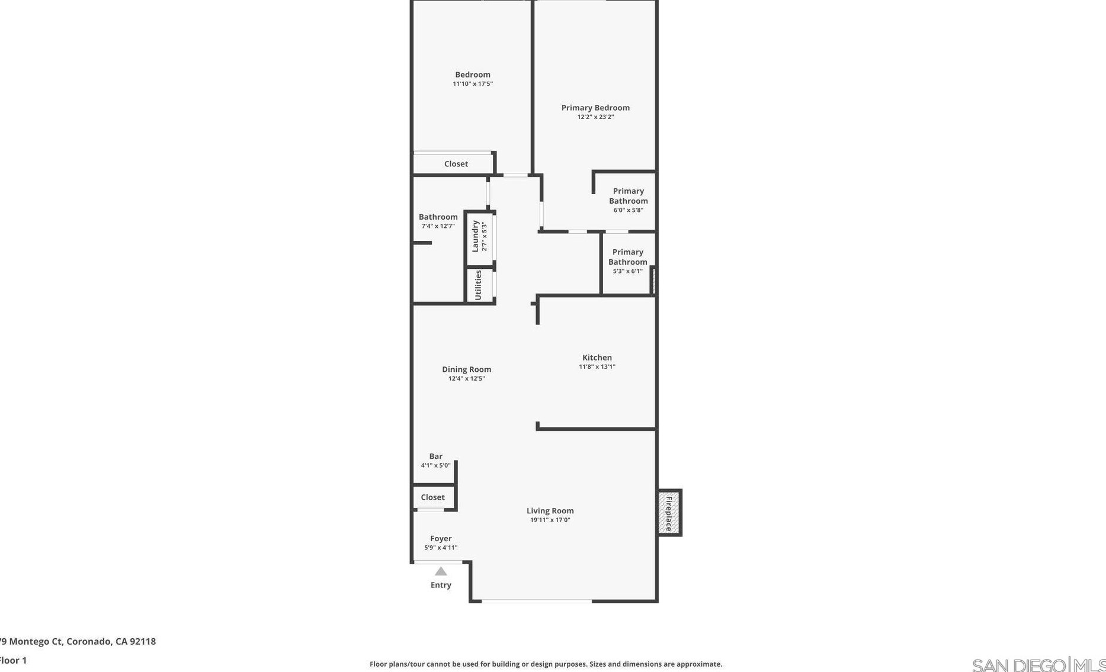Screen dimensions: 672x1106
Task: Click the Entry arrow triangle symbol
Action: [441, 571]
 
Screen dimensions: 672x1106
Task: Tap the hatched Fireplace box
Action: [669, 513]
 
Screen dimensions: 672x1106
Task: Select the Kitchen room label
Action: [597, 358]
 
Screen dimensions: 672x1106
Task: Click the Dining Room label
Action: [466, 369]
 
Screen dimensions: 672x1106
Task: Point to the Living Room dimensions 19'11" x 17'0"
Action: [550, 520]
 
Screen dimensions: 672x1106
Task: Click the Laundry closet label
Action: [475, 236]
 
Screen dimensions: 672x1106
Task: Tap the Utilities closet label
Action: [478, 285]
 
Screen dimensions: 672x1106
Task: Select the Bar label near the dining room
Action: [435, 456]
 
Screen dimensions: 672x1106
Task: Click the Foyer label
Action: [441, 539]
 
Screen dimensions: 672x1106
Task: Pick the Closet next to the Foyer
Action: [432, 497]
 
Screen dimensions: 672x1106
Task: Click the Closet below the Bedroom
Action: [456, 164]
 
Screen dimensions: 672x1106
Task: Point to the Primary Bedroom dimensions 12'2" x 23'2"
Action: [595, 117]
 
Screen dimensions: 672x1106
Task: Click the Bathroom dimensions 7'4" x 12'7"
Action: [438, 226]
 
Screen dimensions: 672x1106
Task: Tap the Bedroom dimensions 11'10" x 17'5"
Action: [472, 84]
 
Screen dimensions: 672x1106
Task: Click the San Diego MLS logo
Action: [1038, 665]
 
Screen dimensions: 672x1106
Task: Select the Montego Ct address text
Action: [78, 641]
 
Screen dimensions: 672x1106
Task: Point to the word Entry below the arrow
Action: [441, 585]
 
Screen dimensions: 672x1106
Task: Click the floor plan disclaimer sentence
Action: [546, 664]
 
